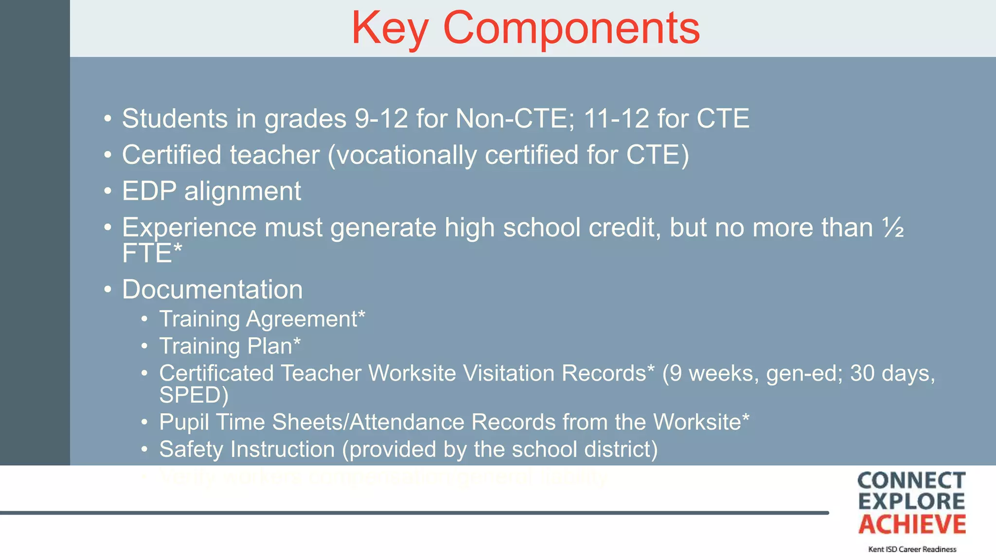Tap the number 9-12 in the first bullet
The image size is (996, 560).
point(381,119)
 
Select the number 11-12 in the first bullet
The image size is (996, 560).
point(616,119)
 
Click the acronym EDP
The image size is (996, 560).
point(149,191)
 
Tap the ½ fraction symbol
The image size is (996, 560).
point(893,227)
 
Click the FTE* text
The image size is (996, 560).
point(152,253)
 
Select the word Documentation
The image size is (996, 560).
point(212,290)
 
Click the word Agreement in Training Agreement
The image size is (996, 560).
point(305,319)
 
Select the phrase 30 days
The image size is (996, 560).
point(891,373)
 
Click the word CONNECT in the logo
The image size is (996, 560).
point(911,481)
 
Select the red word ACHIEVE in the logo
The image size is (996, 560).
point(912,525)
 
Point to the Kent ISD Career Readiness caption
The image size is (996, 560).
point(912,549)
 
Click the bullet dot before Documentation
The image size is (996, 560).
point(108,290)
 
